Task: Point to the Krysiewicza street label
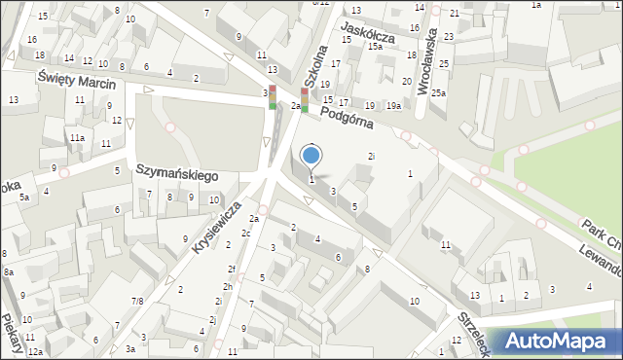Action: (216, 228)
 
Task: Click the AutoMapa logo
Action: (563, 341)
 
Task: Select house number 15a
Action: (375, 47)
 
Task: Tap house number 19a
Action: (393, 105)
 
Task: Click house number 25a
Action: (439, 92)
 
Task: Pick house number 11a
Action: (76, 138)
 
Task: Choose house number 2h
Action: (227, 286)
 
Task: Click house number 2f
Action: (232, 269)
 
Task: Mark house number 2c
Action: (246, 234)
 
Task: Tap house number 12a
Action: (34, 351)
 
